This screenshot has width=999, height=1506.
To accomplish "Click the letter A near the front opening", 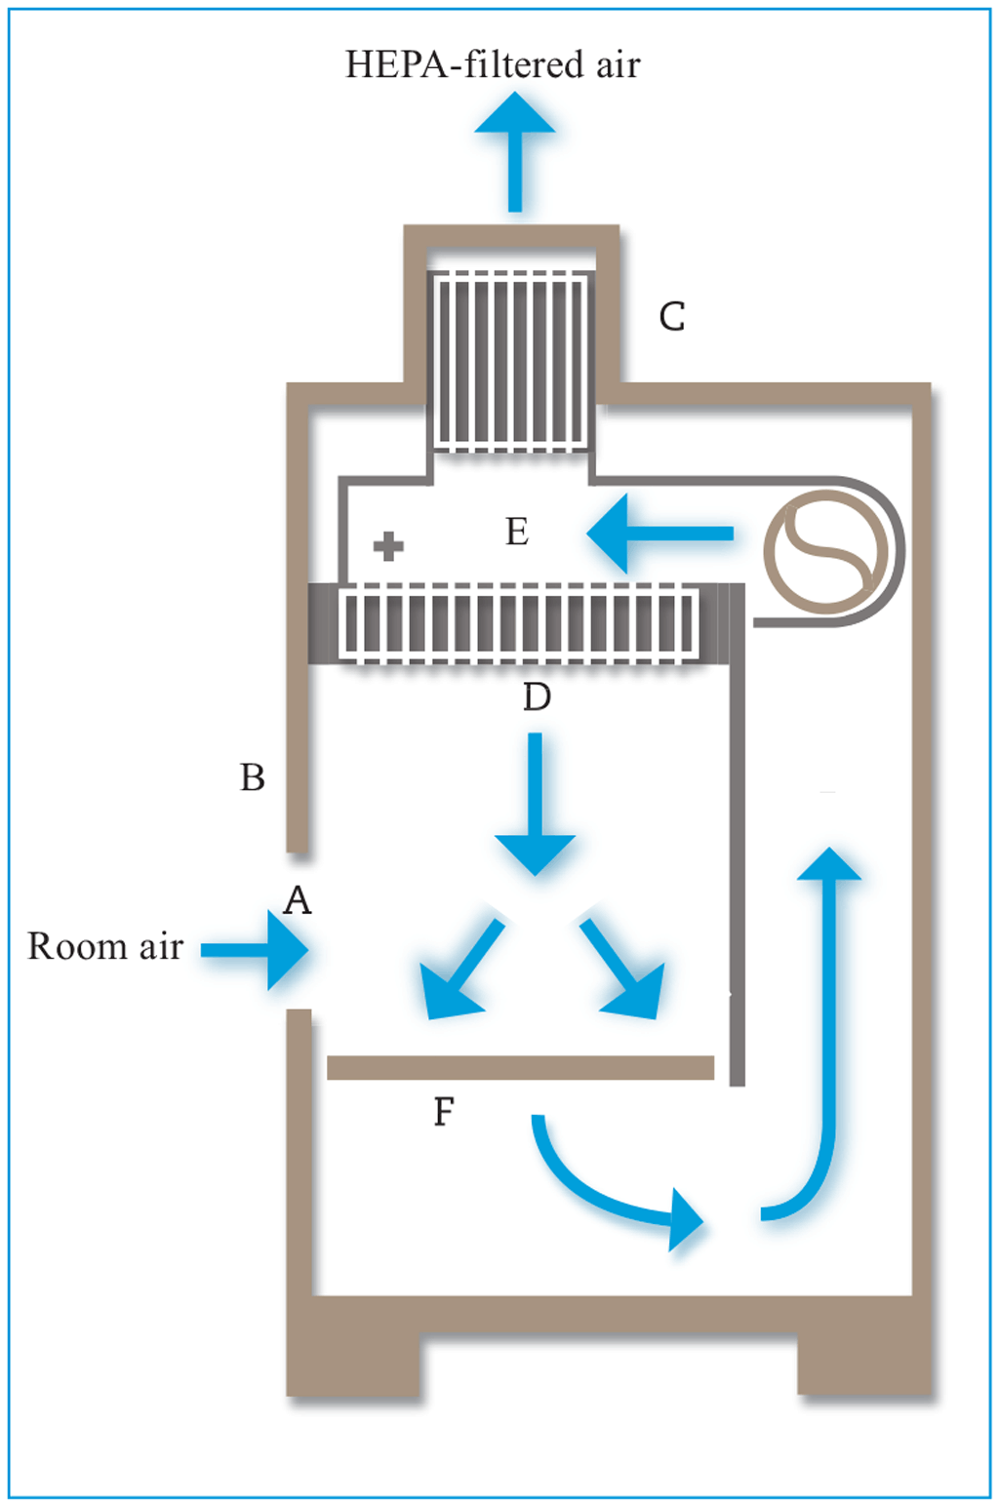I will coord(297,900).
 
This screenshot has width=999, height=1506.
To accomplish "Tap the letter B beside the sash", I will coord(253,777).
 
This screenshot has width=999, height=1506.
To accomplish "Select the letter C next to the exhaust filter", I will coord(672,317).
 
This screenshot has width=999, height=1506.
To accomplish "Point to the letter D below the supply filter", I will coord(537,697).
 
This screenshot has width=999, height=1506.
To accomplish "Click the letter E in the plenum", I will coord(517,532).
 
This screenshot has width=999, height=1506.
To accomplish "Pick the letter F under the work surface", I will coord(444,1111).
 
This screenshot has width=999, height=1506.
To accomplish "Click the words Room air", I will coord(105,946).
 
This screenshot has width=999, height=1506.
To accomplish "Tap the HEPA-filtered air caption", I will coord(493,64).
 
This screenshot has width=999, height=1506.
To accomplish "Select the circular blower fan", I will coord(827,551).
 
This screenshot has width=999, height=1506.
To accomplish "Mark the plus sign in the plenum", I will coord(388,546).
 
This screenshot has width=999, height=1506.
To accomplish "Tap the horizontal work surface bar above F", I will coord(520,1067).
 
